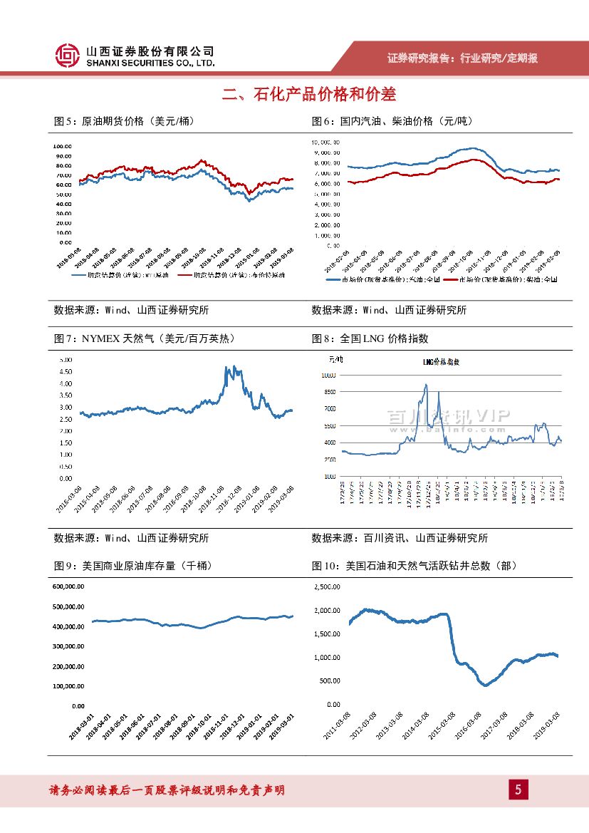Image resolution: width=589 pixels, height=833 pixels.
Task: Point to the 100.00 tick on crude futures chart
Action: pyautogui.click(x=62, y=145)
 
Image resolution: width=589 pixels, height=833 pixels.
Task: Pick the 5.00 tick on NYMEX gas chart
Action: pyautogui.click(x=66, y=360)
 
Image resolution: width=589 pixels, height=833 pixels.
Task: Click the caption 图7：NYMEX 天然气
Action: pyautogui.click(x=144, y=338)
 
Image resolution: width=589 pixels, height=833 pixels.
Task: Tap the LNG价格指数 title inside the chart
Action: pyautogui.click(x=442, y=362)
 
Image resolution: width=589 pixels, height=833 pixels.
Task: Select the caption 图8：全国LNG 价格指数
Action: pyautogui.click(x=370, y=338)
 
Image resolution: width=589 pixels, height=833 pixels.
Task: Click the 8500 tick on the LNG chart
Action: pyautogui.click(x=328, y=392)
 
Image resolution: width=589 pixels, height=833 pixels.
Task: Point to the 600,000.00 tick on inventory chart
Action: pyautogui.click(x=68, y=586)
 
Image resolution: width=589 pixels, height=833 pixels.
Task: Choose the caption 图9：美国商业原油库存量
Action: pyautogui.click(x=132, y=566)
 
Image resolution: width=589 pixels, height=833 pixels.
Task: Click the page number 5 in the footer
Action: pyautogui.click(x=518, y=790)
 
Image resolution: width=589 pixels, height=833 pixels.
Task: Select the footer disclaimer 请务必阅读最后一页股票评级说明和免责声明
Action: pyautogui.click(x=167, y=790)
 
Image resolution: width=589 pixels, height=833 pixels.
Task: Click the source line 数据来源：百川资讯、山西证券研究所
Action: pyautogui.click(x=400, y=539)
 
